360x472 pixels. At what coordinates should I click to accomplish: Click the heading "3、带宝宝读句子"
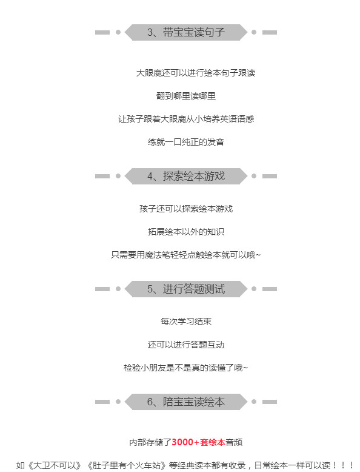click(x=186, y=32)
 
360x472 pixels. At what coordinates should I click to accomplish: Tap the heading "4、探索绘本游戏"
click(x=186, y=176)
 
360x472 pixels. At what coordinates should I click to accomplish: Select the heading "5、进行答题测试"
click(x=186, y=289)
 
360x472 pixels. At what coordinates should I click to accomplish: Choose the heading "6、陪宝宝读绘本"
click(x=186, y=402)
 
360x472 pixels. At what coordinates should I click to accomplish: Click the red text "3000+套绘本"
click(x=198, y=442)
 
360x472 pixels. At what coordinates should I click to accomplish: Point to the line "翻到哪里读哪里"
click(x=186, y=96)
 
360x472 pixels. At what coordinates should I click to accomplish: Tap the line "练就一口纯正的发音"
click(x=186, y=142)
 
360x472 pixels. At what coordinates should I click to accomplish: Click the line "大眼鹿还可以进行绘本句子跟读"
click(x=196, y=73)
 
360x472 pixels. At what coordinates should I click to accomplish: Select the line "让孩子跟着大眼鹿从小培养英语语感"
click(x=186, y=119)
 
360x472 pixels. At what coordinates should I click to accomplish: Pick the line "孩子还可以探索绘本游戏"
click(x=186, y=209)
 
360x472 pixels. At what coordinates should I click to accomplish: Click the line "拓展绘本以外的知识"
click(x=186, y=232)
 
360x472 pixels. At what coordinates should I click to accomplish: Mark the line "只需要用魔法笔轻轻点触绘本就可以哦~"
click(x=185, y=255)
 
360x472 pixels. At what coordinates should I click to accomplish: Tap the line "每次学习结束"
click(x=186, y=322)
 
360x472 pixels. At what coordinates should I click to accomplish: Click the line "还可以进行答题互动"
click(x=186, y=345)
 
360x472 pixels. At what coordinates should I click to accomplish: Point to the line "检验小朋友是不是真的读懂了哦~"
click(x=185, y=368)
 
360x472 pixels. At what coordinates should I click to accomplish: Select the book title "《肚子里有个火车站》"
click(x=127, y=465)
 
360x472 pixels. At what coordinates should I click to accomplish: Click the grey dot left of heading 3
click(x=118, y=32)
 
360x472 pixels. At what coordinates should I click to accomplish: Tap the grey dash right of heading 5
click(x=270, y=289)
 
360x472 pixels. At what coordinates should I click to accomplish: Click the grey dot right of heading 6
click(x=254, y=402)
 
